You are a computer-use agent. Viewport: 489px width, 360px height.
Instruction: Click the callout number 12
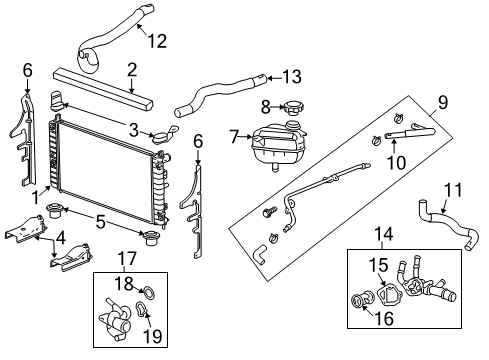[x=155, y=41]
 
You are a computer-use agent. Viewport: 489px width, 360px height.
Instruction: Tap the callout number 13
[x=290, y=76]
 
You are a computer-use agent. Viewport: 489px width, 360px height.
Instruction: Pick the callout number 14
[x=383, y=236]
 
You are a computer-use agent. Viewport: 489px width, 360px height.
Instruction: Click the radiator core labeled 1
[x=100, y=165]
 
